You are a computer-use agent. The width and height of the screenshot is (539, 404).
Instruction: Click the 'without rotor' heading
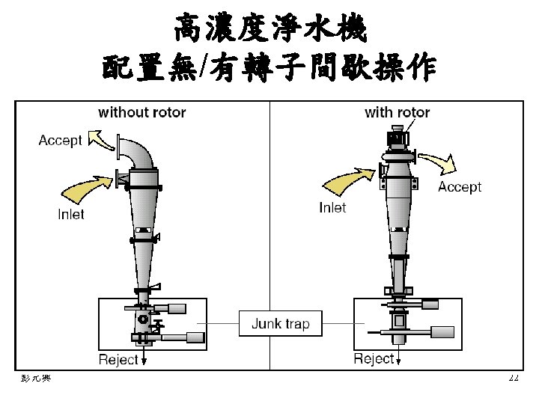point(142,113)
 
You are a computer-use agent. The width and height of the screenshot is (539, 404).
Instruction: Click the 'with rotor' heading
point(397,113)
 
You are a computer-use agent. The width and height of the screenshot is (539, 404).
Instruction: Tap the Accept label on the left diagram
point(60,141)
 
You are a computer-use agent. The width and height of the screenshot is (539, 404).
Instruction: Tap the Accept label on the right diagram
point(460,186)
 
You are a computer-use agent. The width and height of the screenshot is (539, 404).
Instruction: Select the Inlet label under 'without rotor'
point(71,214)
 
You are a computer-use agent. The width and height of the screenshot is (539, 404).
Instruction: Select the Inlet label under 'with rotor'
point(332,207)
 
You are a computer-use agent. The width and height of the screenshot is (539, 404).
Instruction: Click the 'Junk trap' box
point(280,324)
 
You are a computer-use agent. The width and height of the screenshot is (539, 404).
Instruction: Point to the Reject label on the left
point(118,359)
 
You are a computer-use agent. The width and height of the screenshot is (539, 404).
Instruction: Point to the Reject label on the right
point(374,358)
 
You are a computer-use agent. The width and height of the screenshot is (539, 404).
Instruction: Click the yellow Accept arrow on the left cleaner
point(100,138)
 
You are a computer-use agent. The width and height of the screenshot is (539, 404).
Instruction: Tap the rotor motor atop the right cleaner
point(396,139)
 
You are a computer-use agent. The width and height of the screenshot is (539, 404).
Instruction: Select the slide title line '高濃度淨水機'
point(269,30)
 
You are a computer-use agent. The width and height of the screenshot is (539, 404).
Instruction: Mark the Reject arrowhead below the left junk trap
point(144,361)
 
